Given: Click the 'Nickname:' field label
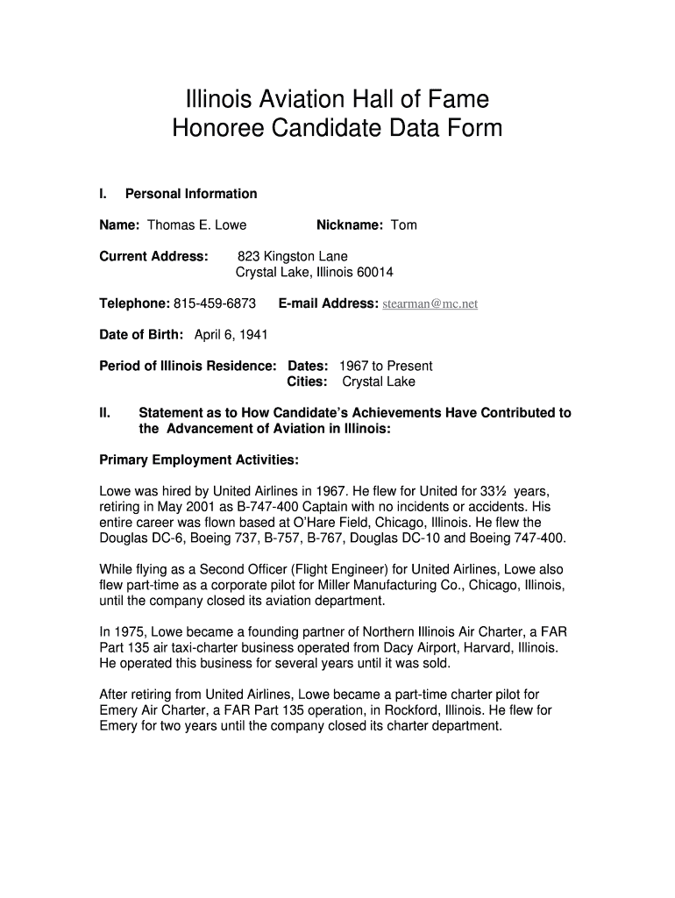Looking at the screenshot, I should (349, 225).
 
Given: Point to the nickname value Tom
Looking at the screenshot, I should (403, 225).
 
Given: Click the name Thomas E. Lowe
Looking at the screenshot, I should (196, 225).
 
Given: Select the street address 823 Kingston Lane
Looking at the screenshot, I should (298, 257).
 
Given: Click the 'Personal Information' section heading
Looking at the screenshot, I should (191, 194).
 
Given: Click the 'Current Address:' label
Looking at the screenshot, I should (153, 257).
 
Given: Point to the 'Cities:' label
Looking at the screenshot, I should (308, 381).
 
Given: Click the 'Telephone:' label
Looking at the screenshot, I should (134, 303).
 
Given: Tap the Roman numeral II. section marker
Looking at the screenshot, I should (104, 413).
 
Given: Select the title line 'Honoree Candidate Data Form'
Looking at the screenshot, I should (337, 129).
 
